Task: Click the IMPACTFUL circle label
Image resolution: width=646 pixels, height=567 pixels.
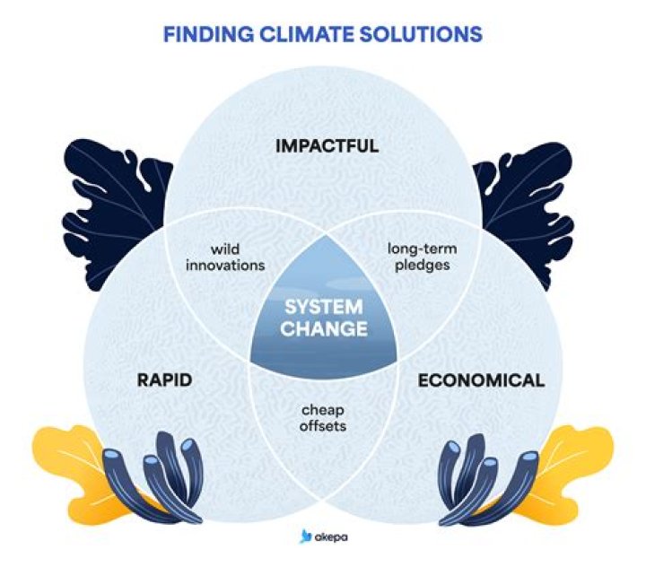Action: tap(322, 145)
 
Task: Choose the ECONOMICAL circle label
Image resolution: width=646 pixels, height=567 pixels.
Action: tap(481, 379)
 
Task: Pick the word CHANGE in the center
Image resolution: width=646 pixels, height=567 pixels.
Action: tap(323, 329)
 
